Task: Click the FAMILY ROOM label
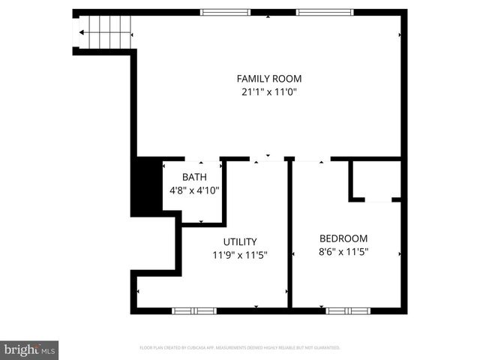point(269,78)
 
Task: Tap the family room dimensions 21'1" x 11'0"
point(269,91)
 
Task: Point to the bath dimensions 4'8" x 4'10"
point(193,190)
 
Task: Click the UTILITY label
point(240,241)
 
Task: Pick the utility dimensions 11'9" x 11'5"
point(240,255)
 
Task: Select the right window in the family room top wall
point(324,12)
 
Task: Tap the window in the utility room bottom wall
point(194,310)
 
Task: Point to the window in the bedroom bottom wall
point(348,310)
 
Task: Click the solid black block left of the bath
point(147,186)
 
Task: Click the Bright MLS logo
point(30,349)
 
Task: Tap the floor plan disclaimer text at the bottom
point(240,348)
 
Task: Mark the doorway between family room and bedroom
point(310,159)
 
